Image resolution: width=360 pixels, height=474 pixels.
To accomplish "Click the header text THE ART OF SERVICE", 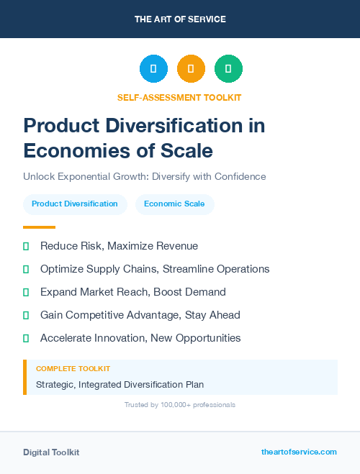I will click(180, 19).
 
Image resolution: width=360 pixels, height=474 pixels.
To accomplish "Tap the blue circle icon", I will click(153, 69).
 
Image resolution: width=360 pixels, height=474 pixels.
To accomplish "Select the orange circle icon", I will click(191, 69).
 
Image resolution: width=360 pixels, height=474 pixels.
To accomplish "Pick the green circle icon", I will click(228, 69).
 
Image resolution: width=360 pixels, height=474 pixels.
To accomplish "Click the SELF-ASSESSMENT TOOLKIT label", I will click(179, 97).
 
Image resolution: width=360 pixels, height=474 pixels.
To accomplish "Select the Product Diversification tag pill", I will click(75, 204).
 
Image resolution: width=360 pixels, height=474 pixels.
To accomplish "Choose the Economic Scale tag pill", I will click(174, 204).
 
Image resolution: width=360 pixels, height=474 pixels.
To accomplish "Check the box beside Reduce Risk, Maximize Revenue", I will click(26, 246).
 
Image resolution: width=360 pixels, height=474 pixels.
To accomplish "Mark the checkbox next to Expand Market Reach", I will click(26, 292).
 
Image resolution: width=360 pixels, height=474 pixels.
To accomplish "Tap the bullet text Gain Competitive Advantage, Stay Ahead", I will click(140, 315).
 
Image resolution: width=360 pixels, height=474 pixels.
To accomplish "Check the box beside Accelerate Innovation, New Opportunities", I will click(26, 338).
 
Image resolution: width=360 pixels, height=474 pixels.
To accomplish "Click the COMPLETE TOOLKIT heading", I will click(73, 368).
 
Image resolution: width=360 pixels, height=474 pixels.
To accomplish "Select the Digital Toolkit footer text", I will click(51, 452).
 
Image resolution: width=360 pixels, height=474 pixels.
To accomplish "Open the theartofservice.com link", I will click(299, 452).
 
